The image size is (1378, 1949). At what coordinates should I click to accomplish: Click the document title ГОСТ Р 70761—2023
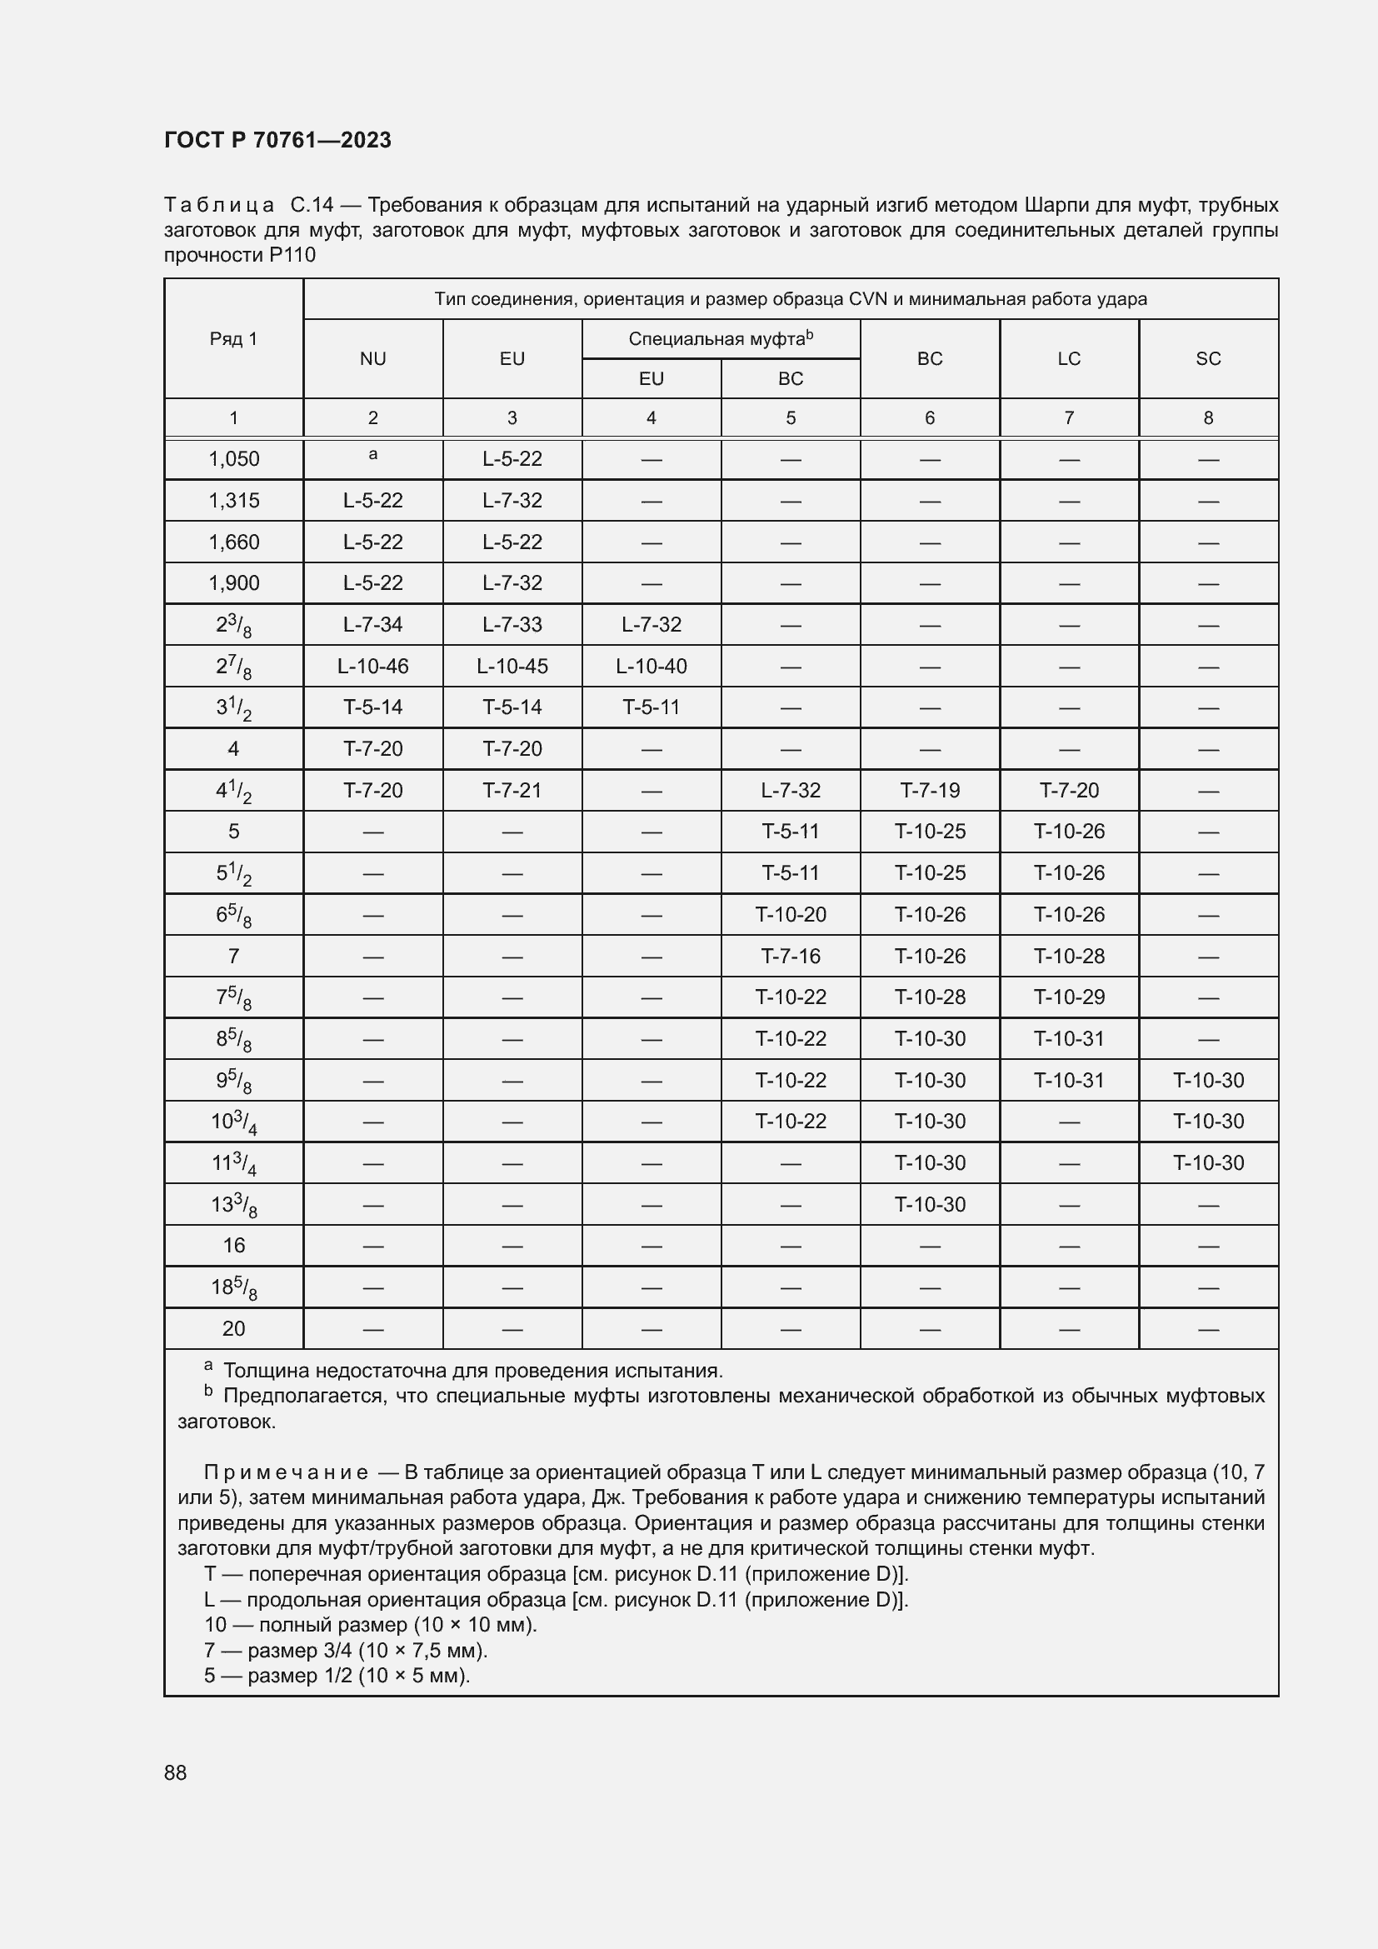277,140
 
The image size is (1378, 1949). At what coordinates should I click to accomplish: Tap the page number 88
176,1772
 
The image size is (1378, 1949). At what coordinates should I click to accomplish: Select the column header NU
372,358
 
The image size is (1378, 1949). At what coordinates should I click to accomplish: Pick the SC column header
1207,358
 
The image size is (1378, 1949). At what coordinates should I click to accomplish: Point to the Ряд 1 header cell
233,338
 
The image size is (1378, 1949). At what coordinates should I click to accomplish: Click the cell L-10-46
372,667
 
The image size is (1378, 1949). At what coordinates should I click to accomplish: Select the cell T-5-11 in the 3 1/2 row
651,707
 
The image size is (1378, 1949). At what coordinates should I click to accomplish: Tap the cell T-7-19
929,790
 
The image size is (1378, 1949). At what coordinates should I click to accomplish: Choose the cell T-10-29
1068,997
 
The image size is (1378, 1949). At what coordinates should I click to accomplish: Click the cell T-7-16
790,956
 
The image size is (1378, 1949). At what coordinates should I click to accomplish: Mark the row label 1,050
233,459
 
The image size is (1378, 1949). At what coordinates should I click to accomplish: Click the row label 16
233,1245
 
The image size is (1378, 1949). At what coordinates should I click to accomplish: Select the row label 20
233,1328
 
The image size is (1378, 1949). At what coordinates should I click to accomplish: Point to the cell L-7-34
372,625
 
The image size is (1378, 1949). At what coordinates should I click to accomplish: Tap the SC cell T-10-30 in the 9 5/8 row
1207,1081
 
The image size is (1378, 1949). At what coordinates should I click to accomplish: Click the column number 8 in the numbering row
1207,417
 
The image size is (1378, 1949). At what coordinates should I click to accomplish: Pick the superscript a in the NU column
372,455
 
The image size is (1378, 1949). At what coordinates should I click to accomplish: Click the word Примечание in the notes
286,1472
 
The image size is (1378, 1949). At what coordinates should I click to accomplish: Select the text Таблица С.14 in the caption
248,206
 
